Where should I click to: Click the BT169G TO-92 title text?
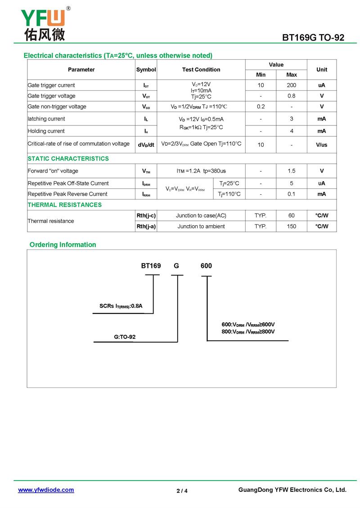tap(313, 38)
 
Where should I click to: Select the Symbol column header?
tap(146, 70)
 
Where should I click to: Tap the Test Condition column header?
tap(201, 70)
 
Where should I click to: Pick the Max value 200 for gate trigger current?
tap(291, 85)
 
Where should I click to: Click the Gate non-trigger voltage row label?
tap(57, 107)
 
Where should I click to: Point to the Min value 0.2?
tap(261, 107)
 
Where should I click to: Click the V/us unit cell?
tap(321, 145)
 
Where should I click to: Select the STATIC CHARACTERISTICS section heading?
tap(68, 159)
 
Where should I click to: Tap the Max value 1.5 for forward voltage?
tap(291, 171)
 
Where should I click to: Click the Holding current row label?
tap(46, 131)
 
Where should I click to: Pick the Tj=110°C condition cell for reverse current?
tap(229, 194)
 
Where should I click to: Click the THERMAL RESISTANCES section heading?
tap(64, 205)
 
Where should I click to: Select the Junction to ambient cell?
tap(201, 227)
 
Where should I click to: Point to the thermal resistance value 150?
tap(291, 227)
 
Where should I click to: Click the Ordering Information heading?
tap(63, 245)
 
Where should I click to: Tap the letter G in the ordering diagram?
tap(176, 266)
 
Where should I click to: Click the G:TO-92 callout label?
tap(124, 337)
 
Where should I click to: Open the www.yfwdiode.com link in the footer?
tap(46, 490)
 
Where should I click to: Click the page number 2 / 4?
tap(182, 491)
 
